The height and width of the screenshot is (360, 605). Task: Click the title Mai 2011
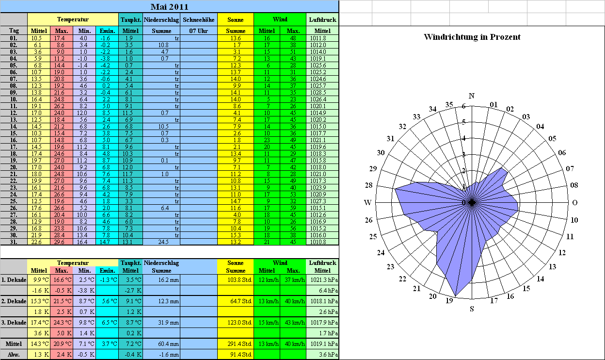tap(169, 7)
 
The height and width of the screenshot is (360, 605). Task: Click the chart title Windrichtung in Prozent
tap(472, 37)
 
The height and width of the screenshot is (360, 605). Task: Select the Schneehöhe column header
tap(199, 20)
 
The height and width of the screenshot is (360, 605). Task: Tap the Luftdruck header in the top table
tap(322, 20)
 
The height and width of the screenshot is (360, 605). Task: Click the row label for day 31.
tap(14, 242)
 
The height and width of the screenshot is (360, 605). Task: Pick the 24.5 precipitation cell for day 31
tap(163, 242)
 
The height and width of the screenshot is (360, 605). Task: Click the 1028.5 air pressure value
tap(318, 93)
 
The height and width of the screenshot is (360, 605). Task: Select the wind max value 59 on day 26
tap(293, 208)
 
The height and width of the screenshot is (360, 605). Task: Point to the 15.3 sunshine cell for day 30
tap(236, 235)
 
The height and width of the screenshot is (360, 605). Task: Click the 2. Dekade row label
tap(14, 301)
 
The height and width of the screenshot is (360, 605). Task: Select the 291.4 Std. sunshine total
tap(239, 344)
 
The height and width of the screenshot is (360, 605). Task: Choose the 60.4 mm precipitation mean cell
tap(169, 344)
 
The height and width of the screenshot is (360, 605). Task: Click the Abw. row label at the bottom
tap(14, 354)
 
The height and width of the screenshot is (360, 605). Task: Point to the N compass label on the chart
tap(472, 96)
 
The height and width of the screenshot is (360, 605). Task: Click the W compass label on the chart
tap(367, 202)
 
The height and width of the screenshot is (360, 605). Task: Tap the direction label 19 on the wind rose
tap(449, 300)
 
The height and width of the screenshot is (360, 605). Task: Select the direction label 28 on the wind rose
tap(368, 185)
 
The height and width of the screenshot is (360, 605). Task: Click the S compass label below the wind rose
tap(472, 309)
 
